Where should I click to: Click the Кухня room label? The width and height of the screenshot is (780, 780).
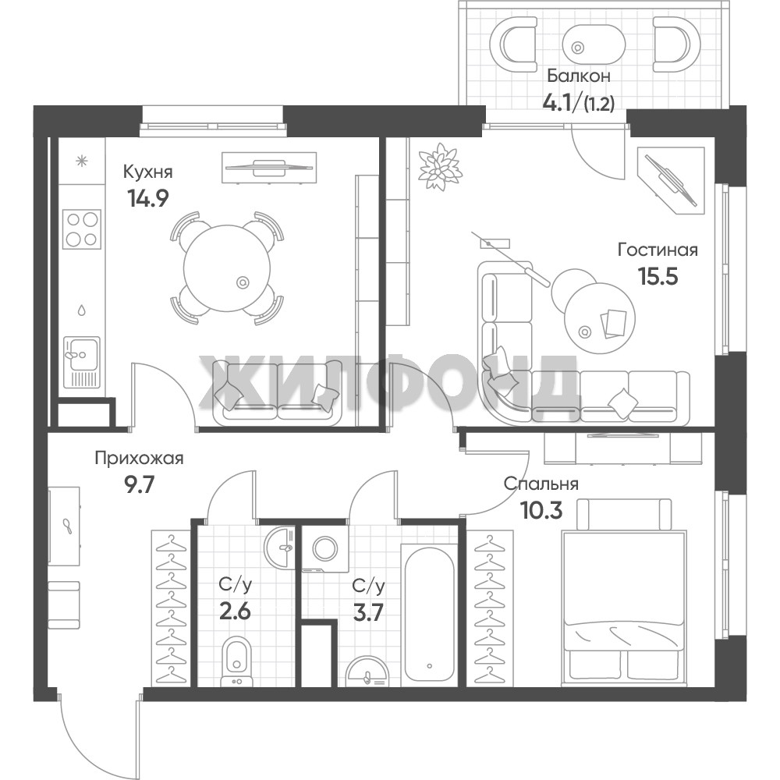click(x=147, y=172)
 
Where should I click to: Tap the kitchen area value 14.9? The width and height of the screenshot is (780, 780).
click(x=148, y=198)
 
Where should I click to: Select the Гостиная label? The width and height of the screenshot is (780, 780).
click(x=658, y=250)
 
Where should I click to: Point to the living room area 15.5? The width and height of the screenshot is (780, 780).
click(x=658, y=276)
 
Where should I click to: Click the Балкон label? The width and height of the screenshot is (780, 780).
click(x=579, y=76)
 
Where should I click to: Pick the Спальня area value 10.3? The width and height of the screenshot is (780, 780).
click(x=541, y=510)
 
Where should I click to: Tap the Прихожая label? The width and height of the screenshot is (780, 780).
click(x=140, y=458)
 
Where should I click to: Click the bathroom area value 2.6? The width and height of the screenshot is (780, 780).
click(x=235, y=611)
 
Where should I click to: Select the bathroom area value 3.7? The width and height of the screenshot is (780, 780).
click(x=368, y=612)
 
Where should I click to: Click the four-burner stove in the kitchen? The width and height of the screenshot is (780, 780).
click(x=82, y=229)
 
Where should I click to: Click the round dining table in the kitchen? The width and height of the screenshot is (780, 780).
click(x=227, y=268)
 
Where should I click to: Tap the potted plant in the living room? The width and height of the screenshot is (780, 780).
click(x=440, y=166)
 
